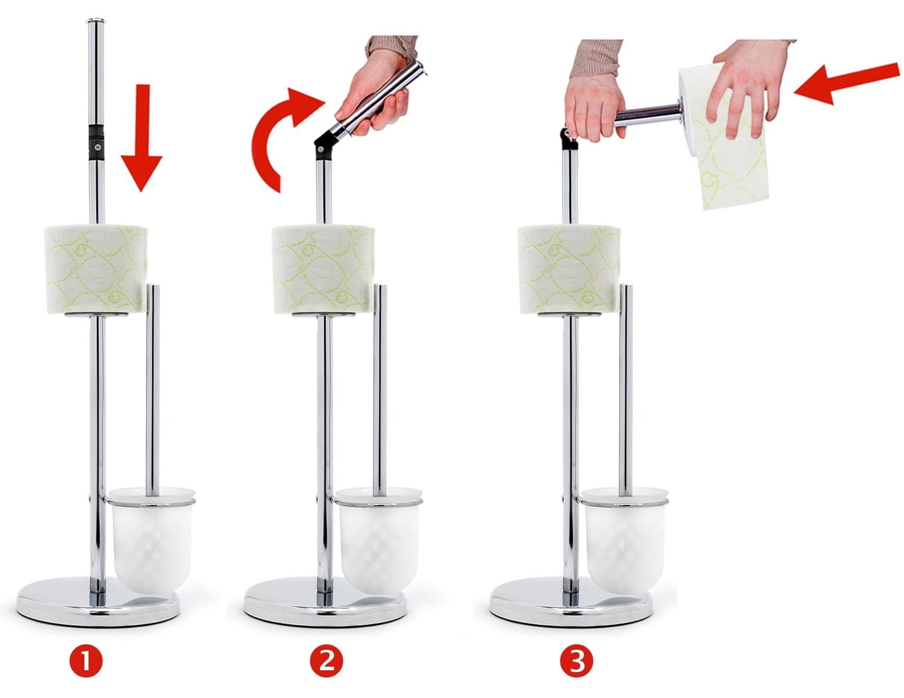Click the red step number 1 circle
pyautogui.click(x=86, y=661)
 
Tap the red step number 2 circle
pyautogui.click(x=327, y=661)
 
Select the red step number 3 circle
pyautogui.click(x=577, y=661)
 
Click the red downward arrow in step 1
pyautogui.click(x=142, y=137)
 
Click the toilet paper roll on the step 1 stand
pyautogui.click(x=96, y=269)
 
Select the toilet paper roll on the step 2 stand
pyautogui.click(x=323, y=269)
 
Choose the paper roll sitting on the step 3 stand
pyautogui.click(x=569, y=269)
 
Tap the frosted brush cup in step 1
pyautogui.click(x=151, y=541)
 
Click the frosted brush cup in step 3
pyautogui.click(x=624, y=541)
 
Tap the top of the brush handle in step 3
pyautogui.click(x=626, y=287)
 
